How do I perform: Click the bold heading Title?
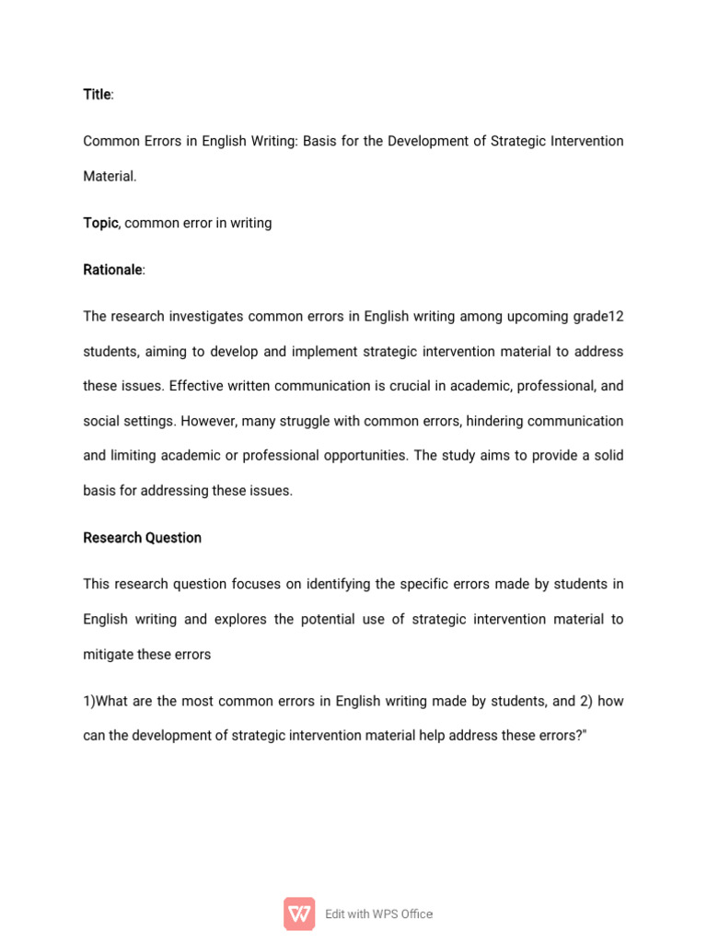pyautogui.click(x=97, y=95)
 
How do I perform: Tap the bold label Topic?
pyautogui.click(x=100, y=223)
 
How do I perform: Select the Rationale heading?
pyautogui.click(x=112, y=270)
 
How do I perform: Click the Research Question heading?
pyautogui.click(x=142, y=538)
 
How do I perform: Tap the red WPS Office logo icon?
pyautogui.click(x=299, y=914)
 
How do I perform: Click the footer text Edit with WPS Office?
pyautogui.click(x=378, y=914)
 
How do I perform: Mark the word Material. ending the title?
pyautogui.click(x=110, y=176)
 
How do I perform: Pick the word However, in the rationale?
pyautogui.click(x=209, y=421)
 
